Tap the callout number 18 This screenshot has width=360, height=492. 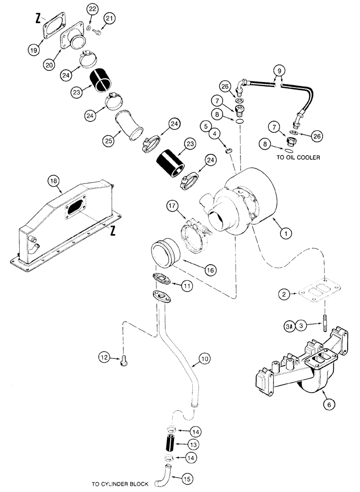click(54, 181)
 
